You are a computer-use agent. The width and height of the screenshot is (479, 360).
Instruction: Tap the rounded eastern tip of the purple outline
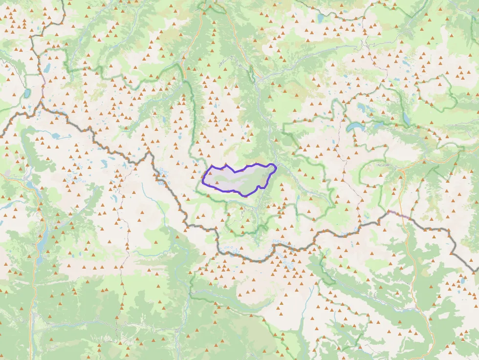[x=275, y=168]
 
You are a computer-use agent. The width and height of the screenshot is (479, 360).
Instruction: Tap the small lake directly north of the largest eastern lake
[x=361, y=106]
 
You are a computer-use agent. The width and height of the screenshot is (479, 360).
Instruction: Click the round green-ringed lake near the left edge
[x=27, y=92]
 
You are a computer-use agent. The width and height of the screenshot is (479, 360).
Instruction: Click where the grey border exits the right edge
[x=477, y=270]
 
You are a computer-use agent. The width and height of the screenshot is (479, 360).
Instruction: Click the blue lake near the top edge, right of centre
[x=320, y=19]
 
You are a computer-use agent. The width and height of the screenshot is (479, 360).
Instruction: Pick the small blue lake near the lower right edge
[x=462, y=282]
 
